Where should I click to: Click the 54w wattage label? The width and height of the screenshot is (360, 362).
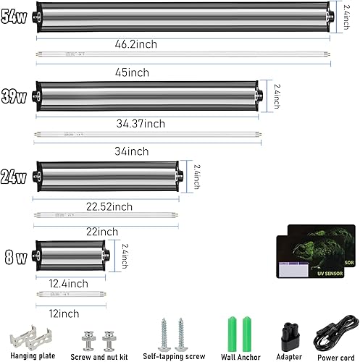[x=14, y=15]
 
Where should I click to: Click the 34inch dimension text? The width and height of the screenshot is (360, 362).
[x=132, y=151]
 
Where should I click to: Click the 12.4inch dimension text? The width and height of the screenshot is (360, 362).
[x=70, y=282]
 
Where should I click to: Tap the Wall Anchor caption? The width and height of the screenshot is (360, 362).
[x=241, y=356]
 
